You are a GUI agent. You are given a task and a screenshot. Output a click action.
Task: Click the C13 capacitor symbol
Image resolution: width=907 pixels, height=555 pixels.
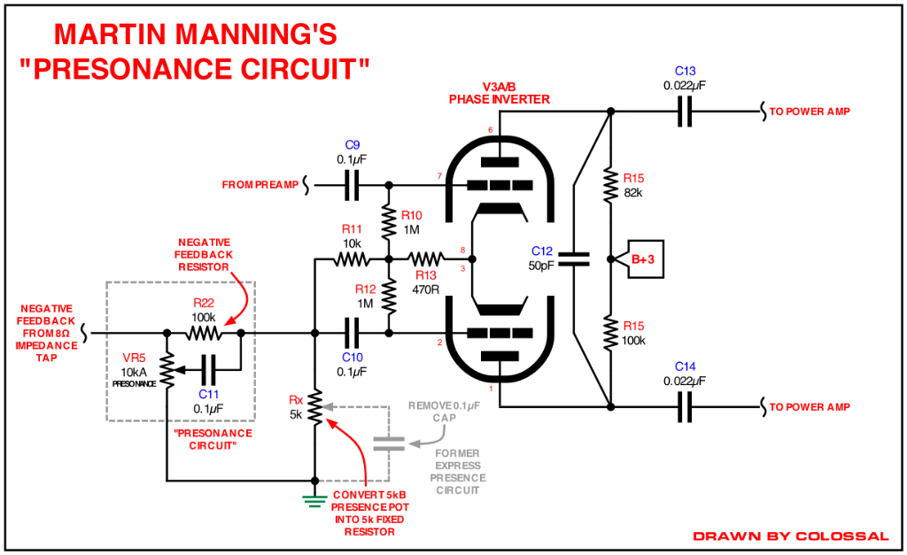tap(685, 111)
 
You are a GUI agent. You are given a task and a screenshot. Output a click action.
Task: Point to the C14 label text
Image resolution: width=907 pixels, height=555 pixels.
tap(685, 366)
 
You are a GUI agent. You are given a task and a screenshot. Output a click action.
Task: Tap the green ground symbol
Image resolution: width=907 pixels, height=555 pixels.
tap(314, 501)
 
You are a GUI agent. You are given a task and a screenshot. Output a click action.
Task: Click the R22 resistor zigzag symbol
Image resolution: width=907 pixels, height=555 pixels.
tap(205, 333)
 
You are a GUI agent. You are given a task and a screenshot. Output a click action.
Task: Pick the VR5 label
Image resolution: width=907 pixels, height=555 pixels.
tap(134, 358)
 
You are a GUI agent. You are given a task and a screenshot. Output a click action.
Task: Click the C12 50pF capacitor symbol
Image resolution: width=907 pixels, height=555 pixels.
tap(575, 259)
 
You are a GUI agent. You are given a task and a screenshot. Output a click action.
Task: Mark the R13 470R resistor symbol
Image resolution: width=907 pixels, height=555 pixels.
tap(426, 259)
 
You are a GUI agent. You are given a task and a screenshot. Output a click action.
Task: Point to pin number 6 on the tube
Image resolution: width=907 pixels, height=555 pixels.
tap(491, 130)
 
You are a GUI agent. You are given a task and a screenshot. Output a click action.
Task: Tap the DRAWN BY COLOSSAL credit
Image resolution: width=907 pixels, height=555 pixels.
tap(791, 536)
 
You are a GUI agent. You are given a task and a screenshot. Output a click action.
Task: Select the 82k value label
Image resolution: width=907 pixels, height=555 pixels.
tap(633, 193)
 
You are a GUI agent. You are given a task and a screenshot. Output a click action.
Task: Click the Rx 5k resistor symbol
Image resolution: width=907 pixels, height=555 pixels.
tap(314, 407)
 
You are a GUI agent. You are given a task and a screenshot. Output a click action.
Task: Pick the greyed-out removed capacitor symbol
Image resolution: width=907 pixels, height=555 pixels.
tap(389, 444)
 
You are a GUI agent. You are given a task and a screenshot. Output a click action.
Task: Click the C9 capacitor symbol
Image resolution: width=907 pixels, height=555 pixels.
tap(352, 185)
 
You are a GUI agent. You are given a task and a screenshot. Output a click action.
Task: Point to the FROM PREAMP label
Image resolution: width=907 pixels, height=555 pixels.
tap(260, 185)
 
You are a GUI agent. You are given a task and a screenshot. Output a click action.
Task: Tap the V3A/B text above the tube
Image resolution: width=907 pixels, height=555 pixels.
tap(500, 88)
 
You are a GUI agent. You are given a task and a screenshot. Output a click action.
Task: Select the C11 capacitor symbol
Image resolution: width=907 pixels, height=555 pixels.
tap(208, 370)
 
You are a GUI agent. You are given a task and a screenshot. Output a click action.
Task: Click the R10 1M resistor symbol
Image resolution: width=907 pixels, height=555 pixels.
tap(389, 222)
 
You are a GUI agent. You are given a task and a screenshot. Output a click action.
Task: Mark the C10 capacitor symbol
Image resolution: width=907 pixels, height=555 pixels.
tap(352, 333)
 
